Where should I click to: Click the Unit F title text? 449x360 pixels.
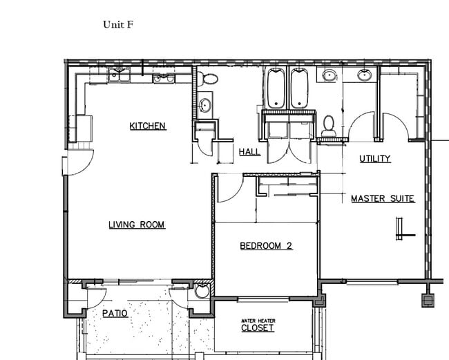tap(118, 24)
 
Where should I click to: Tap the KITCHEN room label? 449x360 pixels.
tap(148, 126)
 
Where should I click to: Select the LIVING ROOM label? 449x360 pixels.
tap(137, 225)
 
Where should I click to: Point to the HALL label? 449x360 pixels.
tap(249, 152)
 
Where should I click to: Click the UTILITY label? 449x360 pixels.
tap(375, 159)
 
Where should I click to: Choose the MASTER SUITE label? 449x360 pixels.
tap(383, 199)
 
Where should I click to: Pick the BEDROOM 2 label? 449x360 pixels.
tap(266, 245)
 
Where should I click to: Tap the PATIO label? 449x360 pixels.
tap(115, 314)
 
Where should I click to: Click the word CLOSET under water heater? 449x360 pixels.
tap(258, 328)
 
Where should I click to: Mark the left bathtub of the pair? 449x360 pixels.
tap(276, 88)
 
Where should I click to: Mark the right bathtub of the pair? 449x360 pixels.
tap(299, 88)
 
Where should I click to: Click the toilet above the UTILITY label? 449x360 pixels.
tap(329, 124)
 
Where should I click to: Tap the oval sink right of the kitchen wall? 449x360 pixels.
tap(205, 106)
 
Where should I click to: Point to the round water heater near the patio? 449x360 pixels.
tap(202, 292)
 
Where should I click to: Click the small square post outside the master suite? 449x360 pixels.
tap(429, 301)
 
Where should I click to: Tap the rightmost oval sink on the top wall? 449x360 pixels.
tap(364, 74)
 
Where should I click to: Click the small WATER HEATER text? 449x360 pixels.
tap(258, 320)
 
